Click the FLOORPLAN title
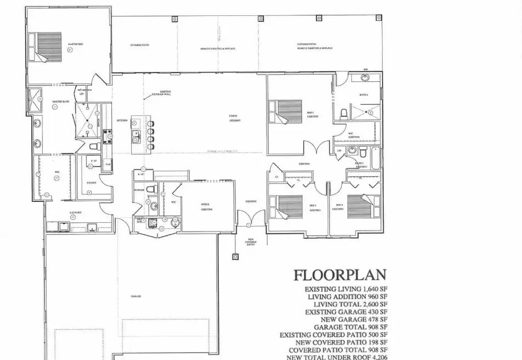pos(340,274)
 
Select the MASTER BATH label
pos(60,102)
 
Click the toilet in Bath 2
pos(344,114)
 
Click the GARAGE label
pos(136,296)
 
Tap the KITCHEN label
pos(122,120)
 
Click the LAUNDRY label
pos(76,212)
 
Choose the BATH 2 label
pos(363,95)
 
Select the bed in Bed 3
pos(288,206)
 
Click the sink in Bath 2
pos(364,78)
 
